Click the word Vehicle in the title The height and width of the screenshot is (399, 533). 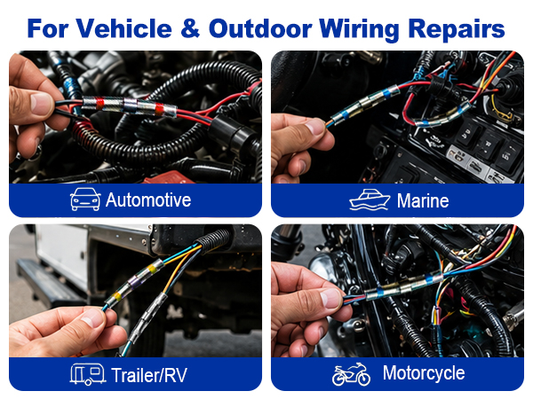123,28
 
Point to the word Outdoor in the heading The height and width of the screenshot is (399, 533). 260,28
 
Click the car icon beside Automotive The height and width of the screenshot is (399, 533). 85,199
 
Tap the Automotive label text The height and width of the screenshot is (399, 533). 148,199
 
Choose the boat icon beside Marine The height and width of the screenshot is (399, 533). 370,199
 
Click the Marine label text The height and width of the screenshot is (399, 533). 423,200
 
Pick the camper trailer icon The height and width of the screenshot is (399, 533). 87,374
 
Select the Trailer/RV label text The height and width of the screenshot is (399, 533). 149,375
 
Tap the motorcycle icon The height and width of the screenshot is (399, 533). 351,374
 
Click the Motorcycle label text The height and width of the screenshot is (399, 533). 424,373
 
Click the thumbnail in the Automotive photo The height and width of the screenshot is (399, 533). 42,103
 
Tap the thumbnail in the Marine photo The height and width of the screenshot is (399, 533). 314,127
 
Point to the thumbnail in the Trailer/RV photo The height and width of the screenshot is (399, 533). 93,318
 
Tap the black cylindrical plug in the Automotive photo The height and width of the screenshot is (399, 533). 232,131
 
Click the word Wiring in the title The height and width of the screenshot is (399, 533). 359,30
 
